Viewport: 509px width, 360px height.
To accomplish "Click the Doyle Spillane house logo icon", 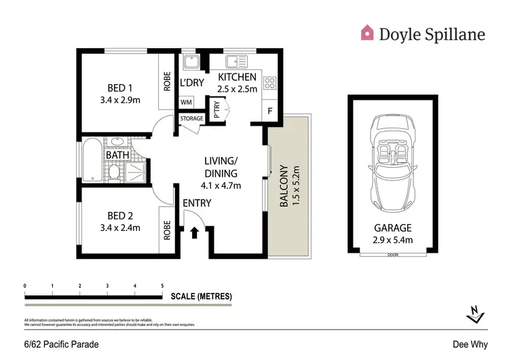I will tap(367, 32).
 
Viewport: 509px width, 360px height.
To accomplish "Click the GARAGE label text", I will tap(393, 228).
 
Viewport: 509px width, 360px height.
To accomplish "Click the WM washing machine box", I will tap(186, 103).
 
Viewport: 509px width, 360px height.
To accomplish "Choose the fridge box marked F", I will tap(270, 111).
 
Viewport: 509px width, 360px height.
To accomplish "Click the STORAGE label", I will tap(191, 119).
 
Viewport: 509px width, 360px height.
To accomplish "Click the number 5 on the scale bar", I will tap(162, 286).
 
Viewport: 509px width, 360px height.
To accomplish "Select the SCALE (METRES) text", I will tap(202, 297).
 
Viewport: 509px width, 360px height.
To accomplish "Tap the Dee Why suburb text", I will tap(468, 344).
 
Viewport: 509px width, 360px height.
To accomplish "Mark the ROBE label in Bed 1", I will tap(165, 82).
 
